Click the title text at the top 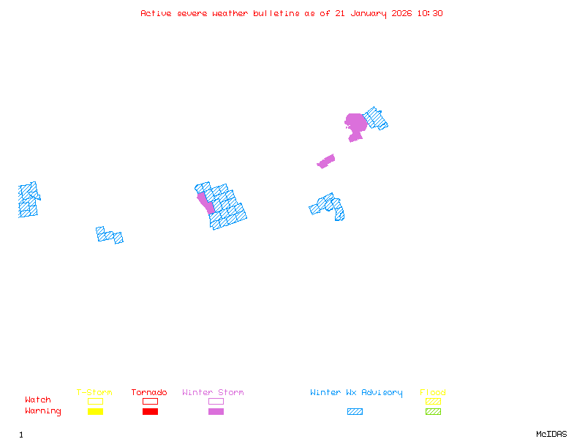(292, 13)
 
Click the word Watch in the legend (38, 400)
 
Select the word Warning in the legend (43, 411)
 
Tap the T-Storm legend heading (94, 393)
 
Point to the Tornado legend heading (149, 393)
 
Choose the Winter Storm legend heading (213, 393)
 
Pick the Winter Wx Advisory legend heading (356, 393)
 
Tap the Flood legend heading (433, 393)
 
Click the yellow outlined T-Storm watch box (95, 401)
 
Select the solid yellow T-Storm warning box (95, 411)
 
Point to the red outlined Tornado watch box (150, 401)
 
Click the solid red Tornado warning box (150, 411)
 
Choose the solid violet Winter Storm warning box (216, 411)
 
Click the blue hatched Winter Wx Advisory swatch (355, 411)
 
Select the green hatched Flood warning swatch (433, 411)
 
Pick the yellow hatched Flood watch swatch (433, 401)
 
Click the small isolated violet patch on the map (326, 161)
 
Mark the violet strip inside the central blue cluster (205, 201)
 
